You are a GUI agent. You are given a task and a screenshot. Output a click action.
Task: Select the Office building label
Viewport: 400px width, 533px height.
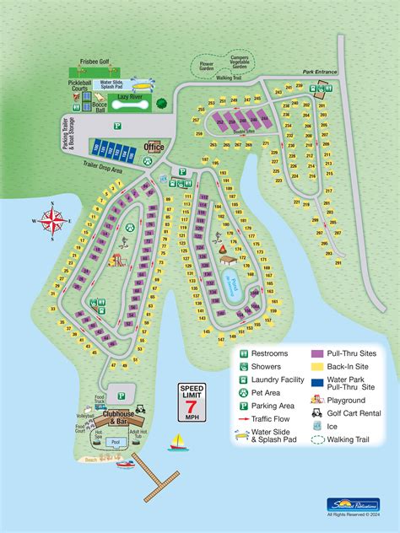pos(154,147)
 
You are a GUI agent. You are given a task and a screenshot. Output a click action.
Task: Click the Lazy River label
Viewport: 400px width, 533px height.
pos(129,98)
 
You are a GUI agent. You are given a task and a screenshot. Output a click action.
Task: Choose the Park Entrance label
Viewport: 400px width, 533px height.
pos(320,72)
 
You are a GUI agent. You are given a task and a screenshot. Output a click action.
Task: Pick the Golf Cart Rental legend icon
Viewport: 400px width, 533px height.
pos(316,413)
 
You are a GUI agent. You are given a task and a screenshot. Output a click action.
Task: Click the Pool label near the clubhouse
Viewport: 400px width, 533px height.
pos(116,441)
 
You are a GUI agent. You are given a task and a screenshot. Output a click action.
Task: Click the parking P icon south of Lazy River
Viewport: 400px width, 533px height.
pos(118,124)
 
